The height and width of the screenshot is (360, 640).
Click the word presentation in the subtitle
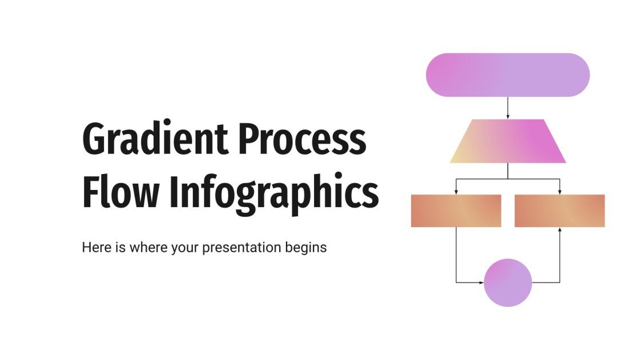click(x=236, y=248)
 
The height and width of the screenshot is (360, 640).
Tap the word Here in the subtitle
click(x=94, y=248)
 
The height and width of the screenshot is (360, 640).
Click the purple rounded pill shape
click(x=507, y=74)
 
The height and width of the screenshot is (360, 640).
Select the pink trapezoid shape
click(x=507, y=141)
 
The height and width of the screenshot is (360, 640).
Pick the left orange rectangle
click(x=456, y=211)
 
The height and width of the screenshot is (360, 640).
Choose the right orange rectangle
click(x=559, y=211)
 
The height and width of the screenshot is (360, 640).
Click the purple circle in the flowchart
click(x=507, y=282)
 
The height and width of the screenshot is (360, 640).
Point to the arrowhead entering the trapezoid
click(x=507, y=116)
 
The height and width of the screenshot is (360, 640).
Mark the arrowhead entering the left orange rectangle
click(x=456, y=191)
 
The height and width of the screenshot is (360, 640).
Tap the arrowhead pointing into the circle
click(x=480, y=282)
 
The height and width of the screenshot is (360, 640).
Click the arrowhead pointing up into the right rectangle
click(x=559, y=230)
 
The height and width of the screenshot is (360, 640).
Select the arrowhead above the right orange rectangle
click(x=559, y=191)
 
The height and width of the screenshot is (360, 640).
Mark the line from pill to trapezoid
click(x=507, y=106)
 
